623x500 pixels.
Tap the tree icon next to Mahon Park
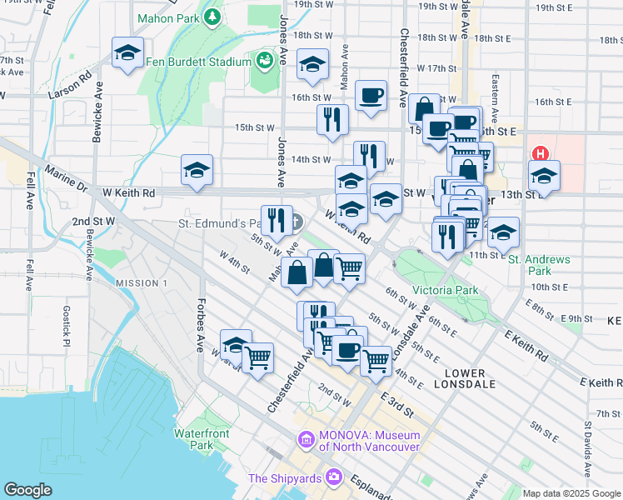(212, 16)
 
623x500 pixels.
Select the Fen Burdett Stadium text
(197, 62)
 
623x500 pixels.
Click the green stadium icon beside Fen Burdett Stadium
(264, 60)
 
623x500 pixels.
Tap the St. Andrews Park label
(540, 265)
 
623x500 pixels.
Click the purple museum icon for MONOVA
(306, 438)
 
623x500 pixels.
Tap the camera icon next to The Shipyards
(334, 477)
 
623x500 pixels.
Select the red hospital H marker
(540, 153)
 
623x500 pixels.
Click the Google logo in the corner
(28, 490)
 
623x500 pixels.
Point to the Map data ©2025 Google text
(571, 493)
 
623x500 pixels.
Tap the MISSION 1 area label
(142, 283)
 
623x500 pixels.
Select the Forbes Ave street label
(201, 325)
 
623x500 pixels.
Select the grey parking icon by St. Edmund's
(296, 222)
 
